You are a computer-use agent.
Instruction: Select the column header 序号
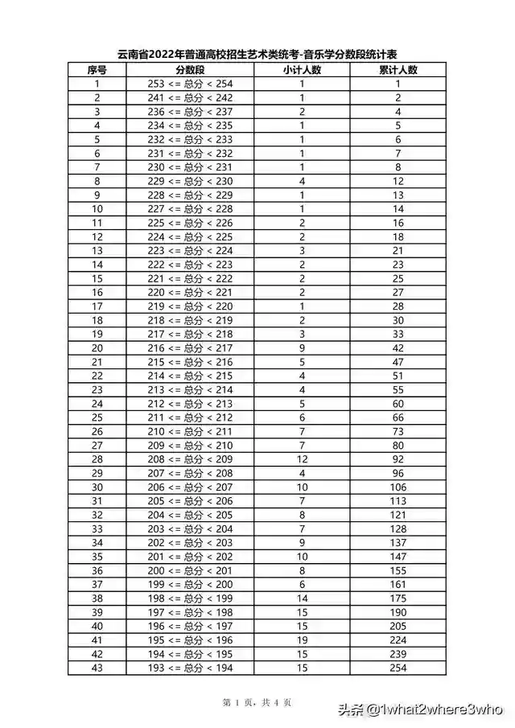(x=97, y=70)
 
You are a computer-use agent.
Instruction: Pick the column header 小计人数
(x=302, y=70)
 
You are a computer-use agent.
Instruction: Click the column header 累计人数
(x=398, y=70)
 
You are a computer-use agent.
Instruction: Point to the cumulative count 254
(x=398, y=667)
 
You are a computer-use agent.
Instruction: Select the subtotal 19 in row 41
(x=302, y=640)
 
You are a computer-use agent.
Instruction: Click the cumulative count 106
(x=398, y=487)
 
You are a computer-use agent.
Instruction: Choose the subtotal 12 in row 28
(x=302, y=459)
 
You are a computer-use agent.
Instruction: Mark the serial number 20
(x=97, y=348)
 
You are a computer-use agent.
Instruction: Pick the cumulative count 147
(x=398, y=556)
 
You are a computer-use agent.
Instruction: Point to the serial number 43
(x=97, y=667)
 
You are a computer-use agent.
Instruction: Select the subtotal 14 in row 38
(x=302, y=598)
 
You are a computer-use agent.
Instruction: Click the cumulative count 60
(x=398, y=403)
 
